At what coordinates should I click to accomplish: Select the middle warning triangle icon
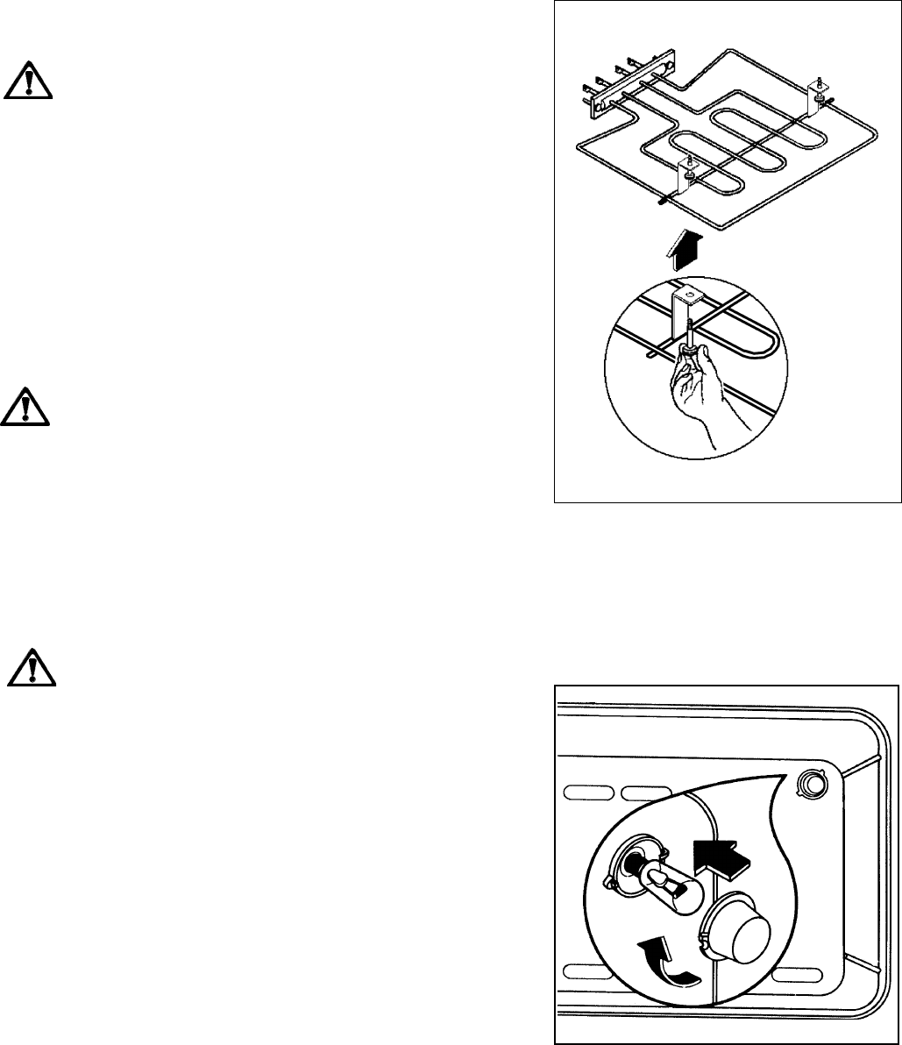27,406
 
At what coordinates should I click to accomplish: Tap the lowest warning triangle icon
30,669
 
